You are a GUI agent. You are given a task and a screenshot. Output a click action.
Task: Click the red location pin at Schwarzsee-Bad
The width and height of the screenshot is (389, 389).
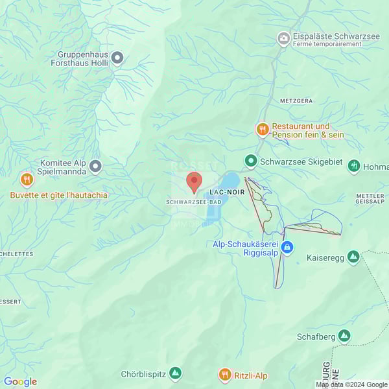click(x=194, y=182)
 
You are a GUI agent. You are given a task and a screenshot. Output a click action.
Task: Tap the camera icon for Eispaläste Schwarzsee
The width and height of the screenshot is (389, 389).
click(x=283, y=39)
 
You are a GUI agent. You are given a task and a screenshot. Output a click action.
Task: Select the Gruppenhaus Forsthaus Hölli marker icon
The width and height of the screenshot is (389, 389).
click(x=117, y=59)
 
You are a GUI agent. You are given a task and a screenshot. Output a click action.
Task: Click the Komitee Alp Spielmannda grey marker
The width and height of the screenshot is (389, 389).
click(x=95, y=167)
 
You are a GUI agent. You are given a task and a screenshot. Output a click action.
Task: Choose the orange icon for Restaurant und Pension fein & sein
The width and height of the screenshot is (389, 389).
click(x=262, y=130)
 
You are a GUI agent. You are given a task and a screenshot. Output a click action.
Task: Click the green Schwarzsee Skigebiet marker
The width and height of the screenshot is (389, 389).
click(x=250, y=160)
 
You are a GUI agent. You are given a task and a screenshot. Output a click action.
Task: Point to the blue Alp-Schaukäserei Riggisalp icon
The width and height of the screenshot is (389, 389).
click(x=287, y=248)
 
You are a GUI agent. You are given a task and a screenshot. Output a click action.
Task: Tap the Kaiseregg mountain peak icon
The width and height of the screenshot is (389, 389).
click(x=353, y=257)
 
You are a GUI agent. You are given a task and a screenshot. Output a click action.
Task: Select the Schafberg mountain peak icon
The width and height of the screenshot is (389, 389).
click(x=344, y=336)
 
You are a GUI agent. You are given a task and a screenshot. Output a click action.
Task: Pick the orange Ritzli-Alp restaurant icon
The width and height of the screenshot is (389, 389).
click(x=225, y=375)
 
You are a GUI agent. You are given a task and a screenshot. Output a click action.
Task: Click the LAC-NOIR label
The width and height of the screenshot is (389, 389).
click(x=226, y=193)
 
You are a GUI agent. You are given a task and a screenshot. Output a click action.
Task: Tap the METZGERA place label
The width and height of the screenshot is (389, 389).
click(x=296, y=102)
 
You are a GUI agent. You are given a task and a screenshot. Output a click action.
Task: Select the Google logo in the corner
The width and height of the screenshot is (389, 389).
click(x=20, y=382)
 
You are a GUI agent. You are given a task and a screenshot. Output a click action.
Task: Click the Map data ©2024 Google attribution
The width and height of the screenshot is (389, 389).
click(x=351, y=384)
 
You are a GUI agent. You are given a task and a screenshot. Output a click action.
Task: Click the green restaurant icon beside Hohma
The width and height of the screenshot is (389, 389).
click(x=354, y=166)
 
